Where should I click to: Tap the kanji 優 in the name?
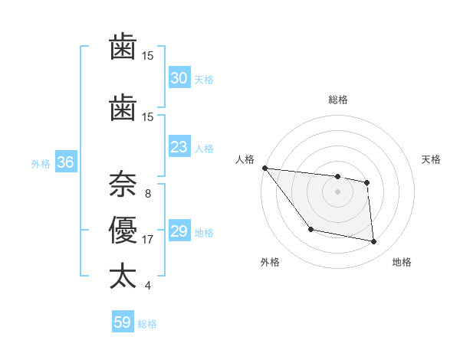point(123,231)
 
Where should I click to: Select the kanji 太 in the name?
point(123,277)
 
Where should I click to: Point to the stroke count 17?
point(148,240)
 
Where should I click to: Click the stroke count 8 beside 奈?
point(148,194)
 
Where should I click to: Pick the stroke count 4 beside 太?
point(148,286)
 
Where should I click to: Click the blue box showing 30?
point(179,78)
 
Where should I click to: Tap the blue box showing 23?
point(179,147)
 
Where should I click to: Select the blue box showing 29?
point(179,231)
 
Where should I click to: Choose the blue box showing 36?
point(65,162)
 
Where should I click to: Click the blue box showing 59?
point(123,322)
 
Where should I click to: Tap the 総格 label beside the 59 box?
point(147,324)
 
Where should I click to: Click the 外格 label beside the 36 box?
point(41,163)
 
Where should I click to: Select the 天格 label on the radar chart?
point(432,159)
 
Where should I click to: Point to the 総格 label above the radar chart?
point(337,100)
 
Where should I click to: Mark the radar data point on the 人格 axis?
point(264,168)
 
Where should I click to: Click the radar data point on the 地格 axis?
point(374,242)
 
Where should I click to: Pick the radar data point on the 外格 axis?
point(310,229)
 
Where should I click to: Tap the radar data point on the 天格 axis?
point(367,182)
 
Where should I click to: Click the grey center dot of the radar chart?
point(337,191)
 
